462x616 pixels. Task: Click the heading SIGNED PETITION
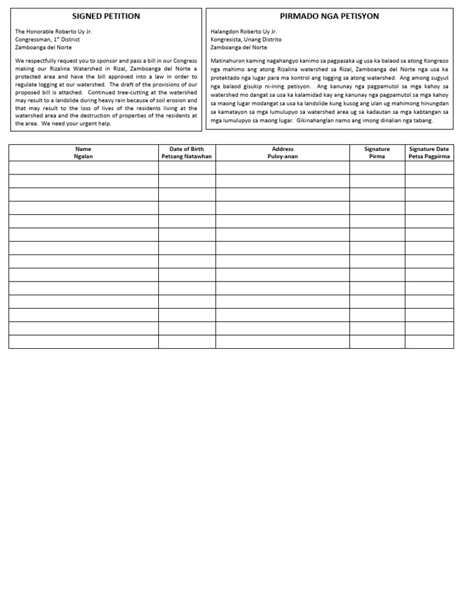point(106,16)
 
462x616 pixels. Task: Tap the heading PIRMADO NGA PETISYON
point(330,16)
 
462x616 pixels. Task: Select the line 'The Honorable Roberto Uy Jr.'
point(54,31)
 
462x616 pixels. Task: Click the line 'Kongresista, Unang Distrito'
point(246,39)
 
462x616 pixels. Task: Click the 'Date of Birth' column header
point(187,149)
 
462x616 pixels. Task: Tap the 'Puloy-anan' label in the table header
point(283,156)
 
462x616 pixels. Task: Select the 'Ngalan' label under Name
point(84,156)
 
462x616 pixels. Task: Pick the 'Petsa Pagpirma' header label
point(429,156)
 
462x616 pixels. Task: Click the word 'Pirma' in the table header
point(377,156)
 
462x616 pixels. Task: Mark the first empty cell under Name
point(84,168)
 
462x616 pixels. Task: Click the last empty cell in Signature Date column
point(429,342)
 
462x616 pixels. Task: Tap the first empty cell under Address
point(283,168)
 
